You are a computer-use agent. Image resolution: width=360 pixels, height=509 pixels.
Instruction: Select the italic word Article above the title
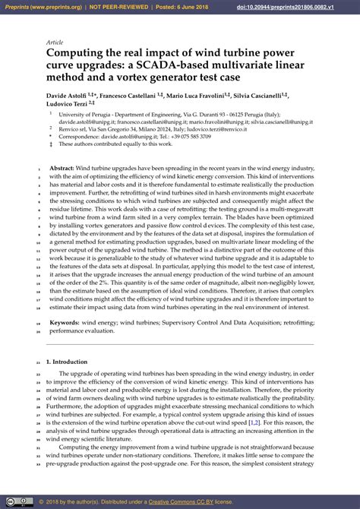[x=55, y=43]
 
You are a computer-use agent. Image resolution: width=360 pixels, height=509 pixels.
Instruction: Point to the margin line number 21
[x=39, y=362]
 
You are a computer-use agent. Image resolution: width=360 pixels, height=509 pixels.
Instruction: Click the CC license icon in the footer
[x=15, y=501]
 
